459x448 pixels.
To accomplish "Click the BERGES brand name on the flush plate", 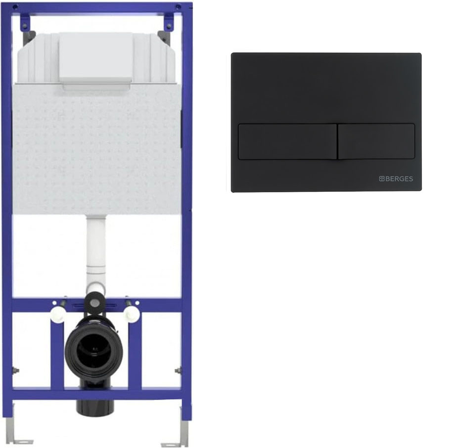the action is pos(399,179).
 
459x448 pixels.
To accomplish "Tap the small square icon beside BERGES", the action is pos(382,179).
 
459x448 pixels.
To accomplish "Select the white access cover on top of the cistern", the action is pos(96,58).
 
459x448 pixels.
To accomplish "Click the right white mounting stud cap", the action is pos(132,314).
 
